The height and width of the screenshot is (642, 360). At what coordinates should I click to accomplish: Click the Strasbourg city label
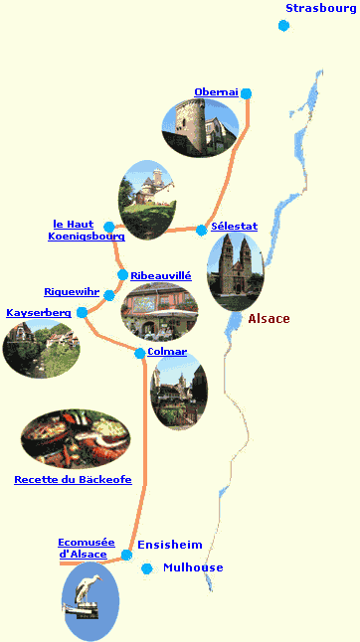(320, 9)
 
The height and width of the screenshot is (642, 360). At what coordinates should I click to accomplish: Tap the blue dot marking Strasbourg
(283, 26)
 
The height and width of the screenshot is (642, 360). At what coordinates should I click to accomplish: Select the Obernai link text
(216, 92)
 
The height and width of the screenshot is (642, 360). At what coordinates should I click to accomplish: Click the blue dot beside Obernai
(247, 94)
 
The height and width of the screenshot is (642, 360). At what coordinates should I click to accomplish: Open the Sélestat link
(234, 227)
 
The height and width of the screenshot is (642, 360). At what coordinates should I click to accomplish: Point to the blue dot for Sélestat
(202, 231)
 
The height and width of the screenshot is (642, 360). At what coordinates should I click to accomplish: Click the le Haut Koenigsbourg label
(87, 231)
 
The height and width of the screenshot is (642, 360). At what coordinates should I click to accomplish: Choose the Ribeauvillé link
(160, 275)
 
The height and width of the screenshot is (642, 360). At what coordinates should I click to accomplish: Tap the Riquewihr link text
(72, 292)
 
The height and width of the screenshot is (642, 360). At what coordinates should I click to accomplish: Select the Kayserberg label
(39, 313)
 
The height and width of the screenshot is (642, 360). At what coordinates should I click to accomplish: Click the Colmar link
(166, 352)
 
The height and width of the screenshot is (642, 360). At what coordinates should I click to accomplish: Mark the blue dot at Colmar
(139, 353)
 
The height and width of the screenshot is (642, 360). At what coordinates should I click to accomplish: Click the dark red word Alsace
(269, 319)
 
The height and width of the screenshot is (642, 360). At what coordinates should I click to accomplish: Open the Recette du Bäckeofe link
(73, 480)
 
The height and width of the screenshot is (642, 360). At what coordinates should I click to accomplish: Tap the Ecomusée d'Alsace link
(87, 548)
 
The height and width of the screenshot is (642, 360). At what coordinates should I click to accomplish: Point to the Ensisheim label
(169, 545)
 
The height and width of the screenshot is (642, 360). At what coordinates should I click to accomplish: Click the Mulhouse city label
(193, 567)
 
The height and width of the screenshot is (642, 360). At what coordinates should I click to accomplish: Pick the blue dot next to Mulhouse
(147, 568)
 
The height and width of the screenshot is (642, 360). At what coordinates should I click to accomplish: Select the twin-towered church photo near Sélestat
(235, 270)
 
